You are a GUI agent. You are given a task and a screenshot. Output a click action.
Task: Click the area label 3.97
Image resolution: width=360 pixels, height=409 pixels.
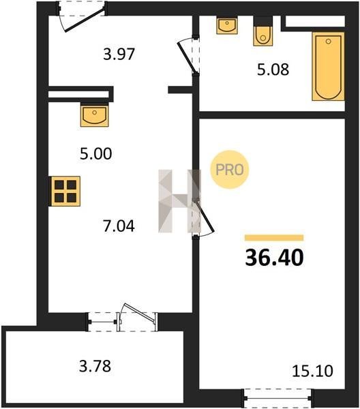[x=119, y=55]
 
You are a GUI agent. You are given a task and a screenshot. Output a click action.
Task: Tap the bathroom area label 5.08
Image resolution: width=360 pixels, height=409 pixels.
[x=273, y=70]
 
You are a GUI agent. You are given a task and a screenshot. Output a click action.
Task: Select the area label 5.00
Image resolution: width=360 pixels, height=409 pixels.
[x=96, y=153]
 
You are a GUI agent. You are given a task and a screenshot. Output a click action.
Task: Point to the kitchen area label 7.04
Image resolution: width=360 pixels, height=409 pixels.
[x=119, y=226]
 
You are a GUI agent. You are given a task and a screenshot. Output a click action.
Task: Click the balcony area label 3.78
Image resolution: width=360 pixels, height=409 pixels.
[x=95, y=365]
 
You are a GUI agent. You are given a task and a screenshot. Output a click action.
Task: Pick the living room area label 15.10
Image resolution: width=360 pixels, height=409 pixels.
[x=312, y=371]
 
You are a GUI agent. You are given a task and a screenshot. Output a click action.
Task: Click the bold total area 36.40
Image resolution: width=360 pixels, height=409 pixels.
[x=275, y=258]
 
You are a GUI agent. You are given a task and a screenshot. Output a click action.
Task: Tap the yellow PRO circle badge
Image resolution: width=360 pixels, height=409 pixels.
[x=230, y=170]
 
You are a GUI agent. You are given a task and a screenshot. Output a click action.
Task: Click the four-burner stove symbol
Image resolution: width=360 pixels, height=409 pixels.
[x=65, y=192]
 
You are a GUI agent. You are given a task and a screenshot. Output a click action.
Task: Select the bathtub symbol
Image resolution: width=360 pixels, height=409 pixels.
[x=328, y=66]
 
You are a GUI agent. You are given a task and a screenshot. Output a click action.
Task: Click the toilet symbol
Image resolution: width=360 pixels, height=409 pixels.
[x=263, y=31]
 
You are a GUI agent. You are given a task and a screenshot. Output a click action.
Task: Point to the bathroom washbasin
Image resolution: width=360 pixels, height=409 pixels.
[x=227, y=25]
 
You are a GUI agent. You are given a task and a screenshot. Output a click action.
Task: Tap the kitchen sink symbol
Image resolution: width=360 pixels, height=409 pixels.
[x=95, y=115]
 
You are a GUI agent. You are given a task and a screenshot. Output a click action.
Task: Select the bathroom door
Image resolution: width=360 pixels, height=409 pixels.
[x=188, y=56]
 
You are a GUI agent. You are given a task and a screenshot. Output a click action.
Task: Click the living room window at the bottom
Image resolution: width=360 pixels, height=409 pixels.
[x=278, y=398]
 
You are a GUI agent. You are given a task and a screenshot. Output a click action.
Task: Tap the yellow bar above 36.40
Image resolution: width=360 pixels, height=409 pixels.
[x=274, y=238]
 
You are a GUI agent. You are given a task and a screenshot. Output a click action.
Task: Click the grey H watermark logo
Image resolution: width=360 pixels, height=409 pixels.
[x=180, y=201]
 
